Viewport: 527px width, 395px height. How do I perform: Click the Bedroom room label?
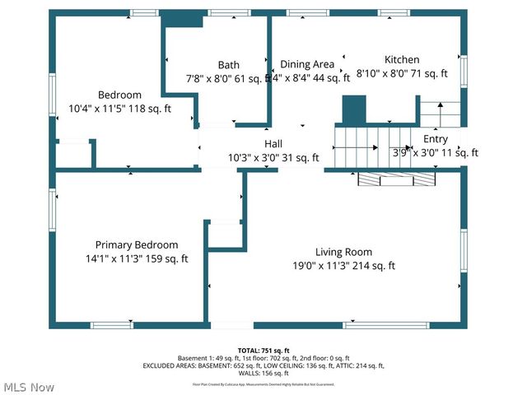119,95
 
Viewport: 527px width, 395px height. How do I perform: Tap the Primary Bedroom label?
137,245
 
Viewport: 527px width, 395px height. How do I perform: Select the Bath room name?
229,65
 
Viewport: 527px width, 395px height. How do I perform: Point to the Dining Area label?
307,64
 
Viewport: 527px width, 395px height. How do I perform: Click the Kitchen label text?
402,60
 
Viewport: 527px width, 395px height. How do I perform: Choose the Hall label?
273,144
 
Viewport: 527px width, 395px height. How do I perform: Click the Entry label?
436,139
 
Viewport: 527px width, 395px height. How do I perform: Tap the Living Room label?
343,252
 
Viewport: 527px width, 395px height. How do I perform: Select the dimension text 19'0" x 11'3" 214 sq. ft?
343,266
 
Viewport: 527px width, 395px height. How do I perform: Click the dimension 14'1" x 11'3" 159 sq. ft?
137,258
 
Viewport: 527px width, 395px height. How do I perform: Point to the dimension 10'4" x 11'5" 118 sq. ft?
119,108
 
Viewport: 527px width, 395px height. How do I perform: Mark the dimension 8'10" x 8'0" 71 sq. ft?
402,73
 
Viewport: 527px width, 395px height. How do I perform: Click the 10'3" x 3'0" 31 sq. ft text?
273,157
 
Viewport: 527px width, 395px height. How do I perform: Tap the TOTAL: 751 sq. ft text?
263,351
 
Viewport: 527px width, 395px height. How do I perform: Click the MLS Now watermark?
28,387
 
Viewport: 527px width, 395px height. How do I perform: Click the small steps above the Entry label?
440,114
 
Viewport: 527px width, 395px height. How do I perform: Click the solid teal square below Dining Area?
353,109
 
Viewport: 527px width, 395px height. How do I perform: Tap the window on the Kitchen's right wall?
464,71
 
